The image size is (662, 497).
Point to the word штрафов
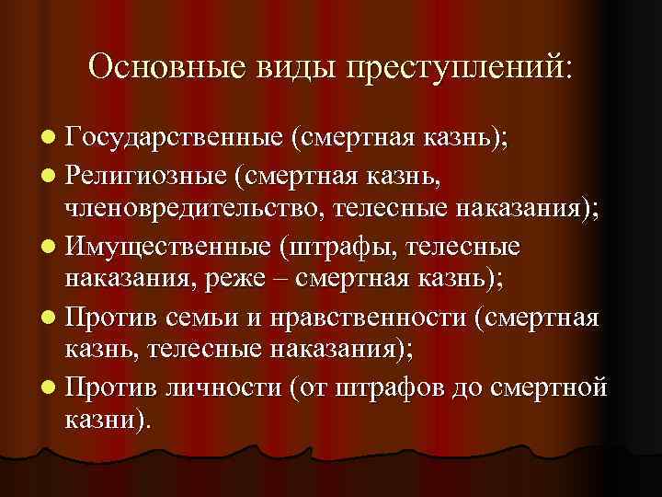pos(393,387)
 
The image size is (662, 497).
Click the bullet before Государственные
pos(48,140)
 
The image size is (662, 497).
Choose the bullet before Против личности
pos(48,387)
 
